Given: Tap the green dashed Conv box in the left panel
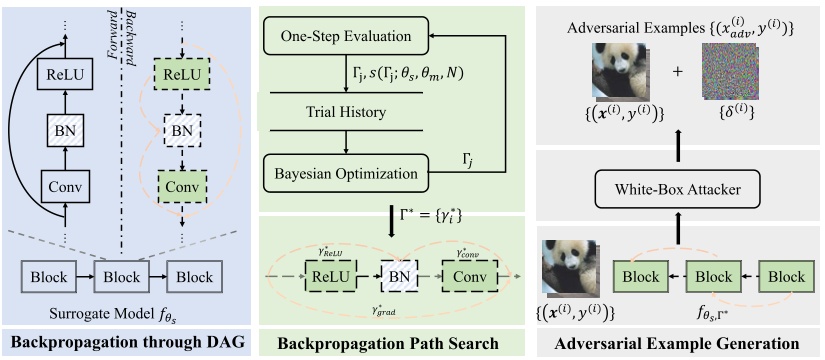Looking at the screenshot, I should (187, 185).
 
